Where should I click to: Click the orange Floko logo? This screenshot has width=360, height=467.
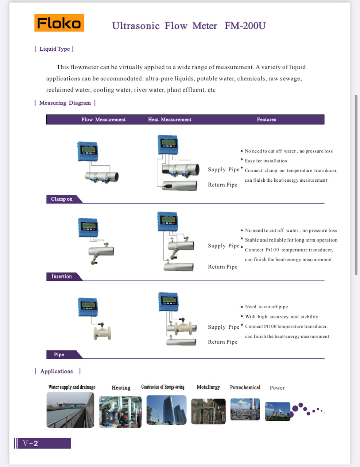click(59, 23)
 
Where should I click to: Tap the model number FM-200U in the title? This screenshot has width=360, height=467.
click(245, 26)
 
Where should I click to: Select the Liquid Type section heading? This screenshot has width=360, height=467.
click(54, 49)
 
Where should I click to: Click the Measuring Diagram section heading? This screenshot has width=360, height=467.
click(65, 103)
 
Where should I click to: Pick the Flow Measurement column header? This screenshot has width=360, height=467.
click(103, 120)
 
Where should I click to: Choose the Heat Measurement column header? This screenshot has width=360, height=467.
click(170, 120)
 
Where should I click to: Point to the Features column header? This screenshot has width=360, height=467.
click(266, 120)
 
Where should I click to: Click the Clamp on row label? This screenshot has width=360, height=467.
click(62, 199)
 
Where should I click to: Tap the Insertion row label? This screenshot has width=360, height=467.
click(62, 277)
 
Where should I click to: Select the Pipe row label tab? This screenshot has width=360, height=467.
click(59, 355)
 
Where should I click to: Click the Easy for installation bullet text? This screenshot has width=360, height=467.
click(266, 161)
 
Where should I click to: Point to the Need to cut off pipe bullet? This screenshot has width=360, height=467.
click(266, 307)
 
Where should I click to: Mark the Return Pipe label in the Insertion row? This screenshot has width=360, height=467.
click(222, 267)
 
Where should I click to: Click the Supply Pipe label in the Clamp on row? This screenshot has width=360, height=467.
click(224, 170)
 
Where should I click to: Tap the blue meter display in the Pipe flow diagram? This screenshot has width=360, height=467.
click(88, 307)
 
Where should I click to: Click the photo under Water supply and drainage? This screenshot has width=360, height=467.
click(70, 410)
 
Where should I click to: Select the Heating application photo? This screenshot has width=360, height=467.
click(120, 412)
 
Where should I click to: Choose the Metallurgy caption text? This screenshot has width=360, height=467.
click(208, 387)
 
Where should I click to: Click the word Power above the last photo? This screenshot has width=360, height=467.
click(277, 388)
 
